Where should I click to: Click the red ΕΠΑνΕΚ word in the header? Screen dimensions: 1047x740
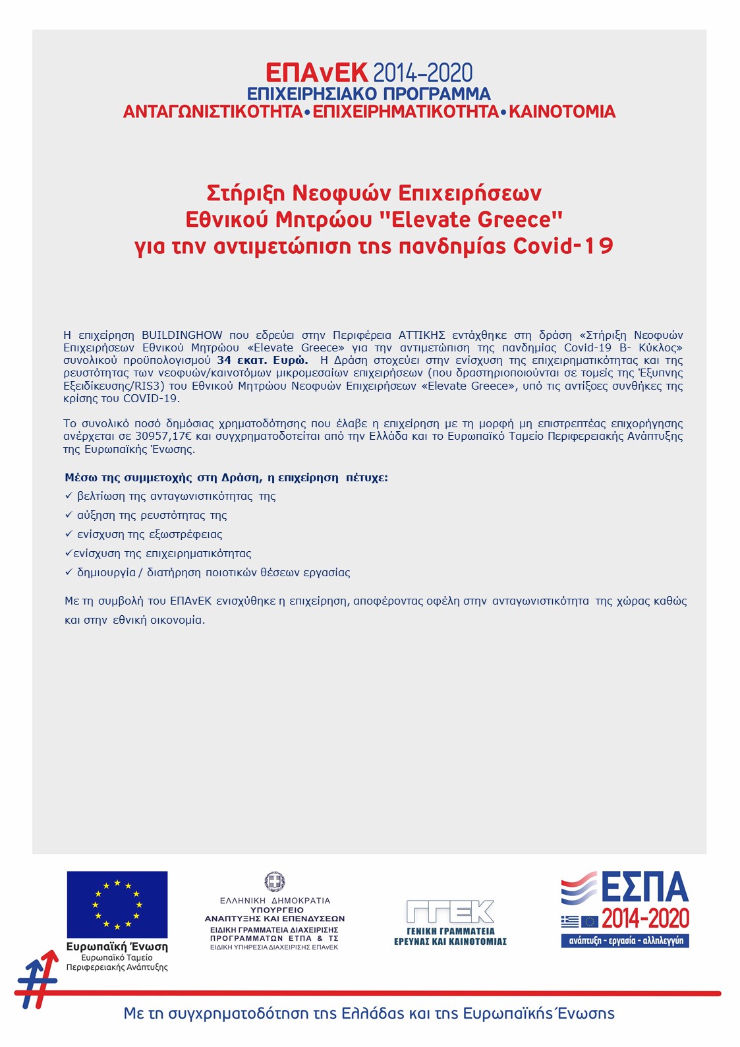tap(316, 73)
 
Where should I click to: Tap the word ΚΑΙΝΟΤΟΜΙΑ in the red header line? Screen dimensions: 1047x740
tap(562, 111)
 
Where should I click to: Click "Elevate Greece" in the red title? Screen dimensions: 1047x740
tap(477, 220)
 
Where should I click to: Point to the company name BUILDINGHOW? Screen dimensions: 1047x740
tap(182, 335)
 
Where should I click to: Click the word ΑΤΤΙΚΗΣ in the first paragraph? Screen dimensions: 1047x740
tap(422, 335)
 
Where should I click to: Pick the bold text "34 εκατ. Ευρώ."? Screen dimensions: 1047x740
tap(262, 360)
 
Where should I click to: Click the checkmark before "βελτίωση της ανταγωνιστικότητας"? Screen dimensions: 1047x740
tap(69, 495)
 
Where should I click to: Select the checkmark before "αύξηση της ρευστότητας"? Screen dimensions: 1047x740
tap(69, 514)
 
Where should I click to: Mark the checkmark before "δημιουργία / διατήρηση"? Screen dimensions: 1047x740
tap(69, 572)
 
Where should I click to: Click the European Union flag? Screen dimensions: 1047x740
tap(117, 905)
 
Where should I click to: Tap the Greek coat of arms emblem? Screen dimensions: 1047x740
tap(275, 882)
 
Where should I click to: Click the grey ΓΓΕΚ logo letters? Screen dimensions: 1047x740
tap(450, 912)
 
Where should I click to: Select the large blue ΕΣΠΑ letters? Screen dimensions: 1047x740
tap(644, 887)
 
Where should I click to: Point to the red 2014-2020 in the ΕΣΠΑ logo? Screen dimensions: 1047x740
tap(645, 918)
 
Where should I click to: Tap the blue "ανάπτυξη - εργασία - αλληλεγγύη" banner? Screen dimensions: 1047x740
tap(625, 941)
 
